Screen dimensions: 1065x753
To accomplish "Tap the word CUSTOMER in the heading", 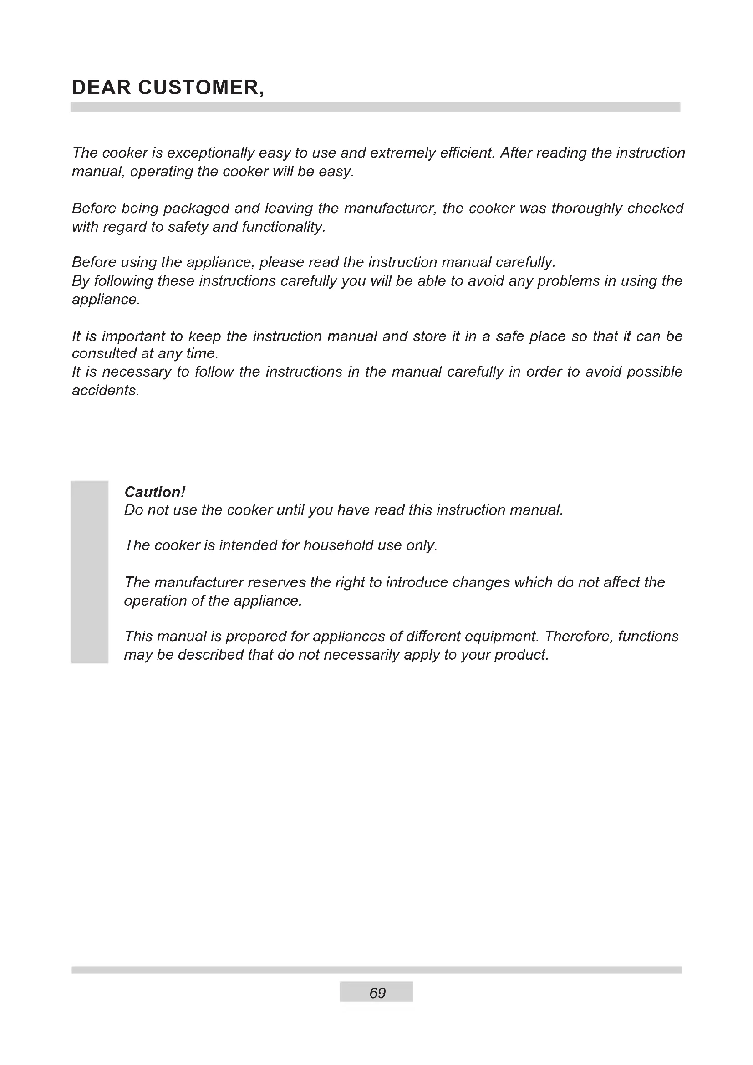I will (199, 88).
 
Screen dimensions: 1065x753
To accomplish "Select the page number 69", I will (377, 992).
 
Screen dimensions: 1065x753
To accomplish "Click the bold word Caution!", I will (155, 492).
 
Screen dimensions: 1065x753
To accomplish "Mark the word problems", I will (569, 281).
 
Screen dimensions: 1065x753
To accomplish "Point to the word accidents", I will (105, 391).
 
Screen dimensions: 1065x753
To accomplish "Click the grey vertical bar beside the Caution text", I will (90, 572).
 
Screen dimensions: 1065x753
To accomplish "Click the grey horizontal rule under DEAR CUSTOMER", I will (375, 107).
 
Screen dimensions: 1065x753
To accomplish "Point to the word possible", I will (654, 372).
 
